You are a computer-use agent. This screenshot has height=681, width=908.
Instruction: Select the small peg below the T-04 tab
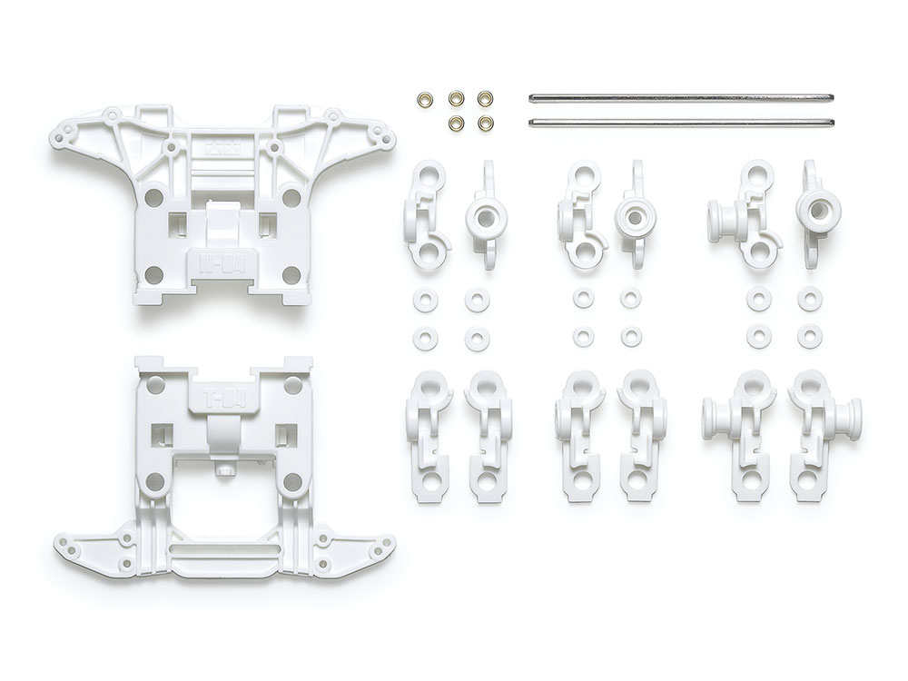click(221, 471)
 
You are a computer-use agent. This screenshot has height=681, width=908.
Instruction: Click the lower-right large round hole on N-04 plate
click(291, 274)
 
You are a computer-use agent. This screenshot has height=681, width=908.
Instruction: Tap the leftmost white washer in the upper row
click(423, 299)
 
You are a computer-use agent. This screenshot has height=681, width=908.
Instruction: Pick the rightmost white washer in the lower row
click(809, 336)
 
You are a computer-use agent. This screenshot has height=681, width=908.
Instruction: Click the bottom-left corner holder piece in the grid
click(426, 433)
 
